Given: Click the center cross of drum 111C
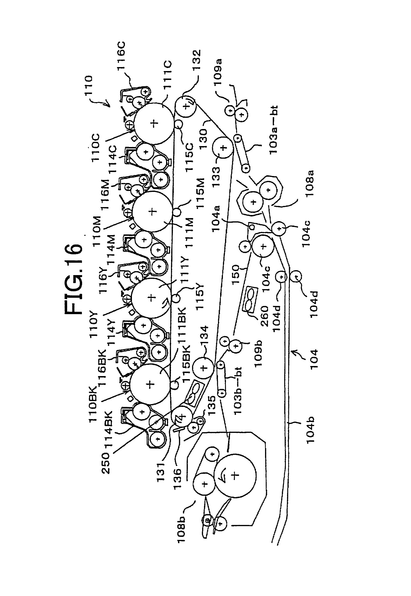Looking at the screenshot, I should (x=154, y=123).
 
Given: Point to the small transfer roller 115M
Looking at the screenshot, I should (x=176, y=212).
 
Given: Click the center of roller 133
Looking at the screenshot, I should (x=223, y=148).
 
